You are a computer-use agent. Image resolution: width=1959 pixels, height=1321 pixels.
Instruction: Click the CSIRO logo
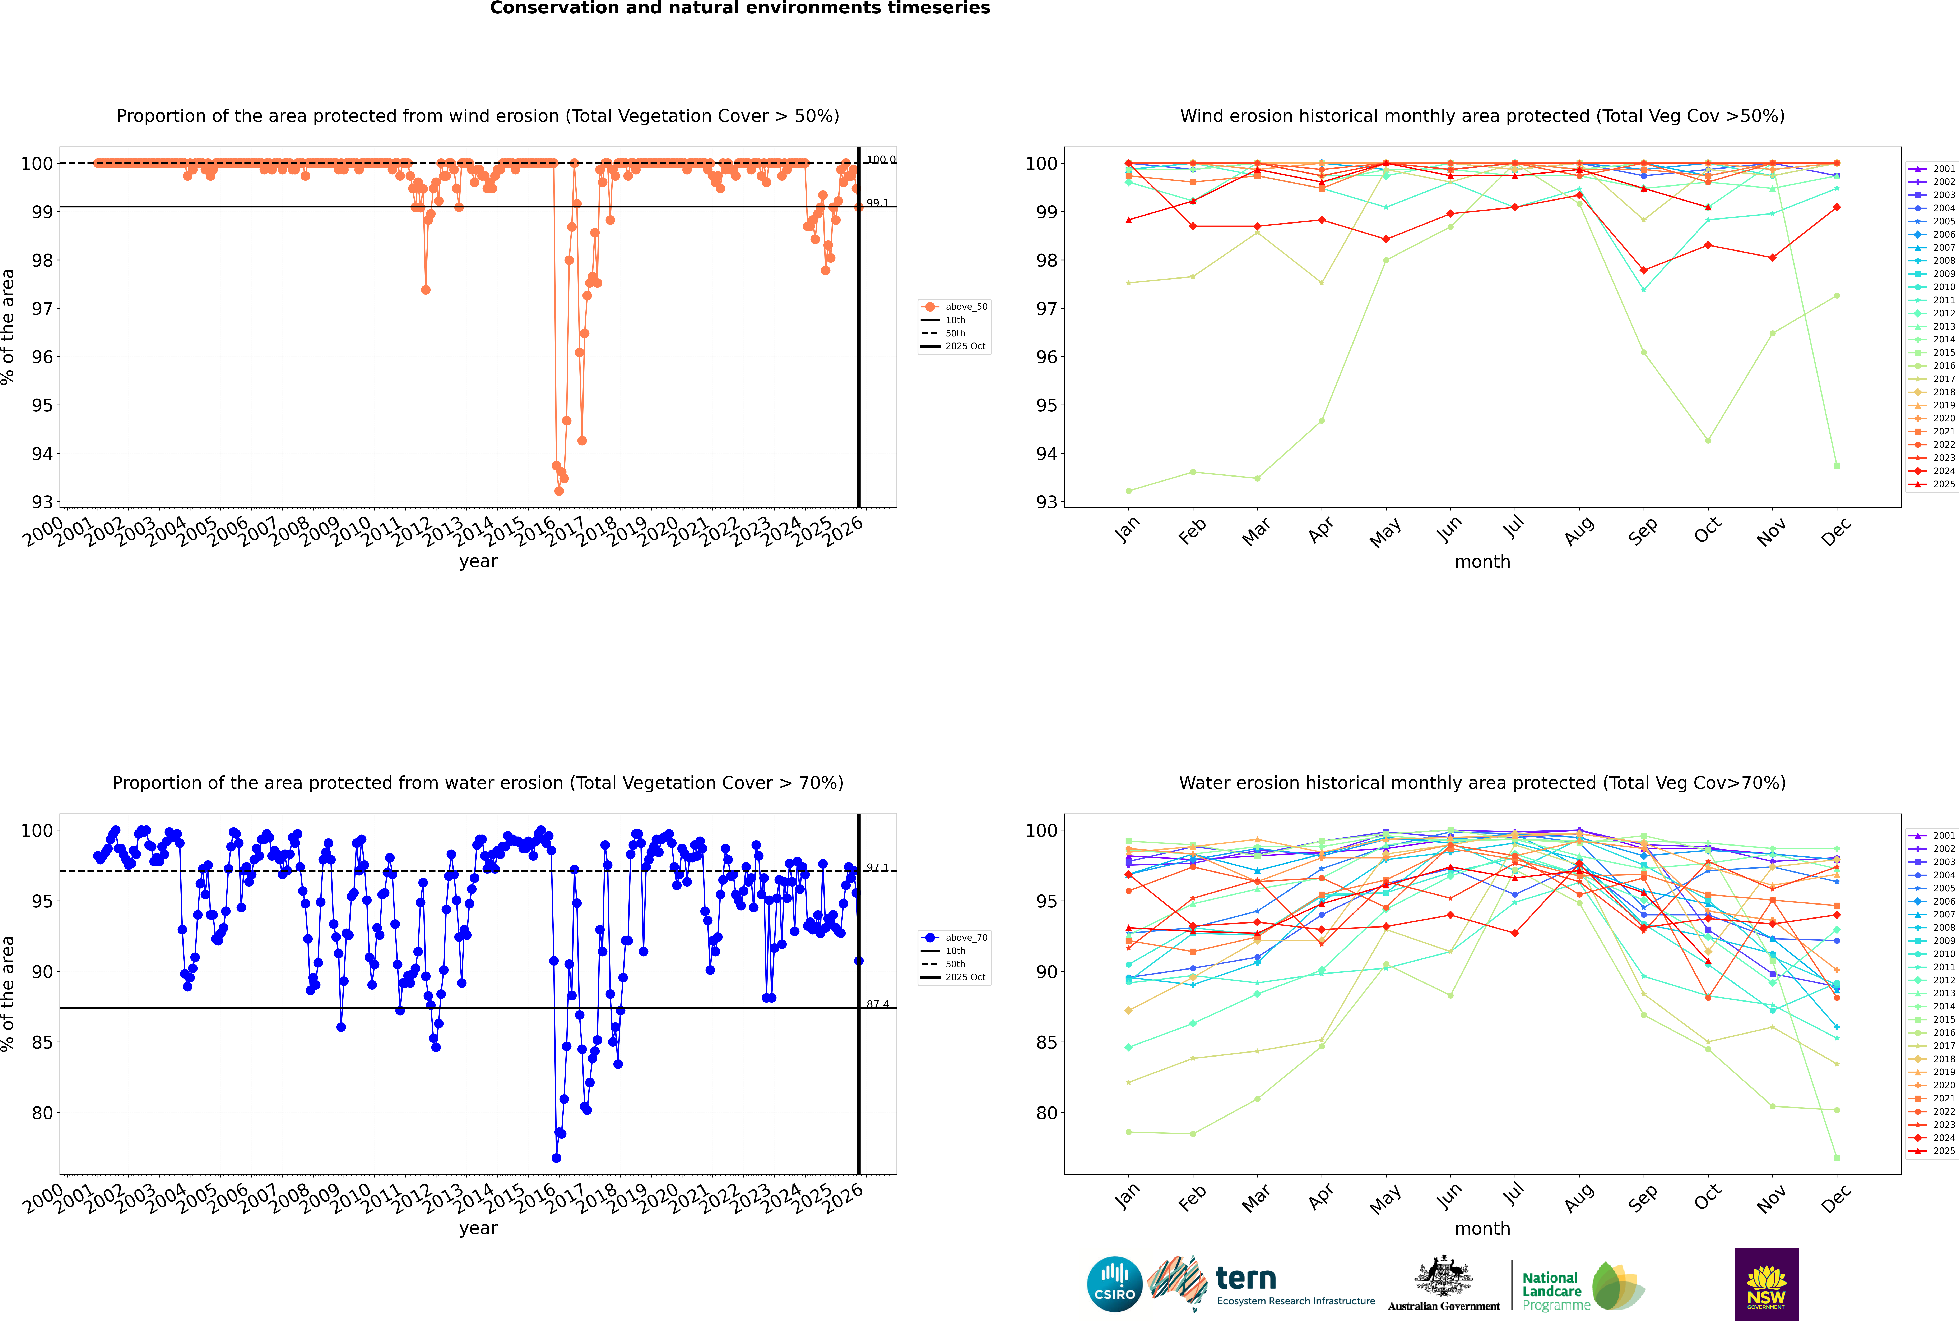click(x=1114, y=1284)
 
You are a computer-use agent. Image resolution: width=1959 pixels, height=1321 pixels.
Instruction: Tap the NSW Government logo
click(x=1766, y=1283)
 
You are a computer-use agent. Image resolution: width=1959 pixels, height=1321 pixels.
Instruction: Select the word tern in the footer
click(x=1246, y=1279)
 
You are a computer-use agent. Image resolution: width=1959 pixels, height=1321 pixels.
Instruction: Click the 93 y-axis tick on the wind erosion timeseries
click(x=42, y=502)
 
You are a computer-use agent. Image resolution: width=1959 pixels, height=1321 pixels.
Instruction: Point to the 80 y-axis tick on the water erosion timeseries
click(x=42, y=1113)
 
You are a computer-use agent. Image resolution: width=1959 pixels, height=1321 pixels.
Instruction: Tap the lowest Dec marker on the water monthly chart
click(x=1837, y=1157)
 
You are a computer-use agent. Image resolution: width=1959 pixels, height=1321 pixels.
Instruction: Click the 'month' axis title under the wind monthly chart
click(x=1482, y=562)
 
